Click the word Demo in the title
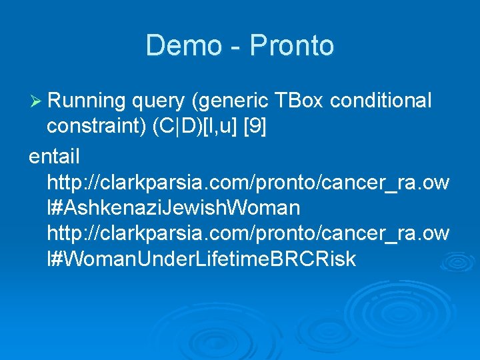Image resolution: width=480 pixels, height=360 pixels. pos(182,46)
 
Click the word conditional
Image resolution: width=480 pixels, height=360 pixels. pos(381,101)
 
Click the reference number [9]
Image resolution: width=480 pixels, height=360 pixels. pos(255,127)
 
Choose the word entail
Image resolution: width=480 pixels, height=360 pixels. pos(54,157)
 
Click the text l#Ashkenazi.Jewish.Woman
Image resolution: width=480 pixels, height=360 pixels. pos(173,208)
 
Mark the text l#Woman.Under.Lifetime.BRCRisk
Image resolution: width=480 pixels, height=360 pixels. pos(201,259)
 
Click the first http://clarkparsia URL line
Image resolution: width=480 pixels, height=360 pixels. pos(248,183)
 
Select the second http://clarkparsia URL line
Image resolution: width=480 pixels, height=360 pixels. pos(248,234)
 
